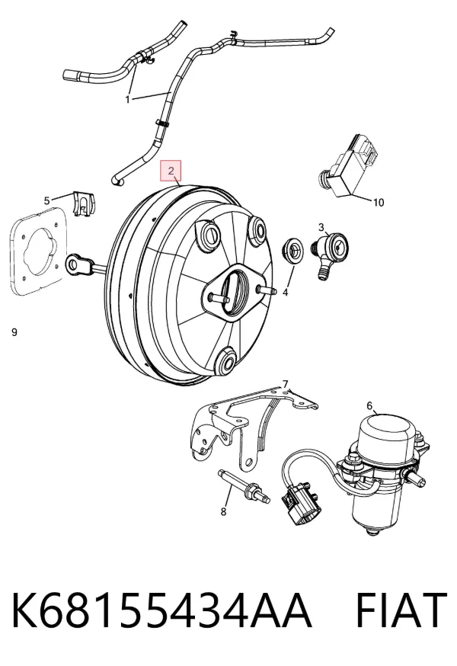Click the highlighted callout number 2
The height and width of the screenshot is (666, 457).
[171, 171]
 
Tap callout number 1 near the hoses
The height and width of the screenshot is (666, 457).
[127, 100]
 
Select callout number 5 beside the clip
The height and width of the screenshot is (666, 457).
[47, 200]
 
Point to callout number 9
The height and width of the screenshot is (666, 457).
[14, 332]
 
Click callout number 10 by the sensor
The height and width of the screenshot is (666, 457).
[378, 203]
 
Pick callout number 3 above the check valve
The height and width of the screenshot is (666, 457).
[321, 227]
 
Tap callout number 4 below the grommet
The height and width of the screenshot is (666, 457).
[286, 293]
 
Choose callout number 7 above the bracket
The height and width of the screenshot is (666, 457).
[286, 384]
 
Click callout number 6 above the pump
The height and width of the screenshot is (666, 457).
[369, 406]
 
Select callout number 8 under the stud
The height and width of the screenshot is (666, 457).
[224, 512]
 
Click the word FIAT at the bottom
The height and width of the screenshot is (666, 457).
[401, 610]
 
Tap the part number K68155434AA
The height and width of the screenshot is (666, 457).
[161, 610]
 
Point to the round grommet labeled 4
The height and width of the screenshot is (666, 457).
[292, 251]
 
